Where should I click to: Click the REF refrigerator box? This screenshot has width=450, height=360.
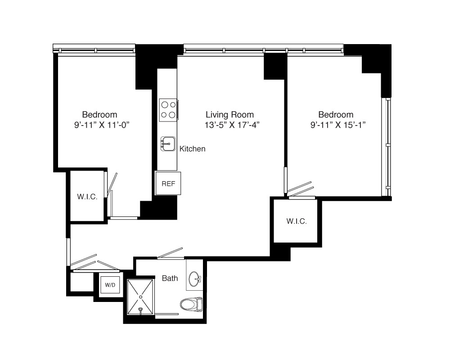coord(168,183)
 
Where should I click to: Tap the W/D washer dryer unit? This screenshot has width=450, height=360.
coord(110,285)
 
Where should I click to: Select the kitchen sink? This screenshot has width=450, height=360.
coord(168,144)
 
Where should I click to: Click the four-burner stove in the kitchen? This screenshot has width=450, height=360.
coord(168,110)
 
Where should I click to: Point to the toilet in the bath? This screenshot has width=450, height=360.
coord(191,304)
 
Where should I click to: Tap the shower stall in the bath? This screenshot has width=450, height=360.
coord(140,297)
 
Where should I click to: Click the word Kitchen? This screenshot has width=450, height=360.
coord(192,148)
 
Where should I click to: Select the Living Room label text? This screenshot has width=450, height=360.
coord(229,115)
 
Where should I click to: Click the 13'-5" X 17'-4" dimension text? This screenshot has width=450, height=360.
coord(232,125)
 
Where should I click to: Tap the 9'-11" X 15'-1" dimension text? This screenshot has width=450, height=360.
coord(338,125)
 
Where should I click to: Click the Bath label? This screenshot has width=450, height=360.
coord(170,278)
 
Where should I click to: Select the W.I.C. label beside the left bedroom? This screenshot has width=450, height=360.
coord(87,197)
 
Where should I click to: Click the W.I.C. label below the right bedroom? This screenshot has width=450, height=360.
coord(297,221)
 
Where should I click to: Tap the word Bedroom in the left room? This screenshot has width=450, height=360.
coord(99,115)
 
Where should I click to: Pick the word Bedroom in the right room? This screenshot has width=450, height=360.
coord(336,115)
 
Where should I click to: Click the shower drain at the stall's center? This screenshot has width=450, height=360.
coord(140,297)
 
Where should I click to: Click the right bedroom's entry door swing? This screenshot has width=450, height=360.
coord(300,190)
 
